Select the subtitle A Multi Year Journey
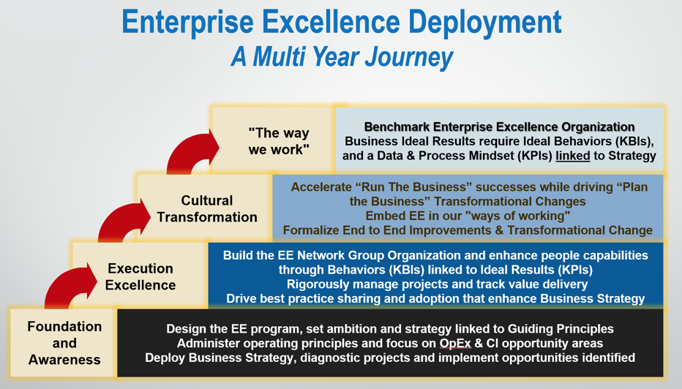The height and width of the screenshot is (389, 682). click(x=341, y=56)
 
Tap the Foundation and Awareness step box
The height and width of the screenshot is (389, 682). click(x=64, y=343)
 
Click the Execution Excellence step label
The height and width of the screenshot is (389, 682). click(x=140, y=276)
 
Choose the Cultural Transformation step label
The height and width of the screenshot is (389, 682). click(x=206, y=208)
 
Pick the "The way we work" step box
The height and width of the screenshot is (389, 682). click(x=278, y=141)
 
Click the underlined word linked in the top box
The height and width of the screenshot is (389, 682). click(x=572, y=156)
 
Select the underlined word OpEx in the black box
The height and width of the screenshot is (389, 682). click(x=455, y=344)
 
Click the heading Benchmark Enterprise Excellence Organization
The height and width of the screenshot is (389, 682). click(x=499, y=126)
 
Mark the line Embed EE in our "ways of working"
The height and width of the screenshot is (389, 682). click(x=468, y=216)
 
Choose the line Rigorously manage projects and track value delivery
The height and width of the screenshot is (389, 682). click(x=435, y=284)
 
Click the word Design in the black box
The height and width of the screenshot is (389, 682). click(x=186, y=329)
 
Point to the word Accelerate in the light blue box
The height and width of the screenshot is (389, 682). click(x=324, y=187)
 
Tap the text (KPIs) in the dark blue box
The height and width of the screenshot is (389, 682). click(x=570, y=269)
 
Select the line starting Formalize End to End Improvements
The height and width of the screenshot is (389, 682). click(x=468, y=230)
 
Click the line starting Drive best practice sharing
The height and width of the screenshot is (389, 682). click(x=435, y=298)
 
